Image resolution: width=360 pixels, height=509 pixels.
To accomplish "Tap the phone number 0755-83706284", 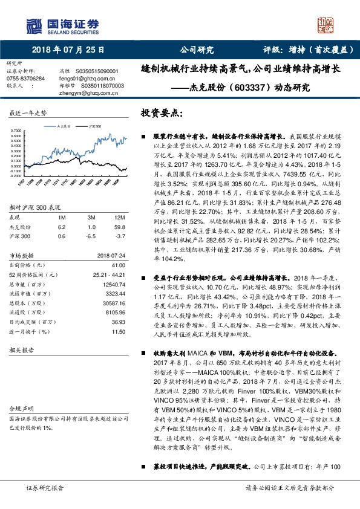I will (x=25, y=78).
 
